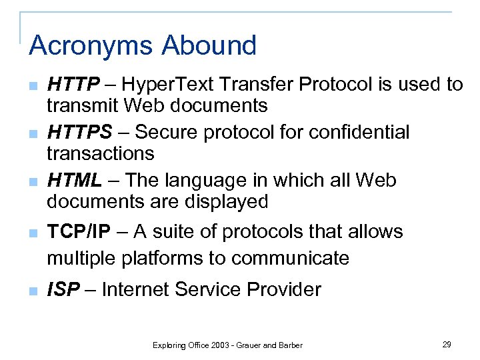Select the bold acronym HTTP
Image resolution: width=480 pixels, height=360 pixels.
pos(73,85)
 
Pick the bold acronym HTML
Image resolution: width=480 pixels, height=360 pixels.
pos(75,181)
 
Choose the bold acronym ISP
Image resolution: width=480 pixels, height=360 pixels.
pos(64,290)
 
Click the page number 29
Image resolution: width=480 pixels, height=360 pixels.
pos(447,344)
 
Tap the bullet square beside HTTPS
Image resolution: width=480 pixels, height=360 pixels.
pos(33,134)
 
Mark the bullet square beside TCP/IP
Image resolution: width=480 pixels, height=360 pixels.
pos(33,233)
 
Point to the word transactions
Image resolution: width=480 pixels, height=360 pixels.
pos(100,153)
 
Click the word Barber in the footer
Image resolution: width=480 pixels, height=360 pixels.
pos(289,345)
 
